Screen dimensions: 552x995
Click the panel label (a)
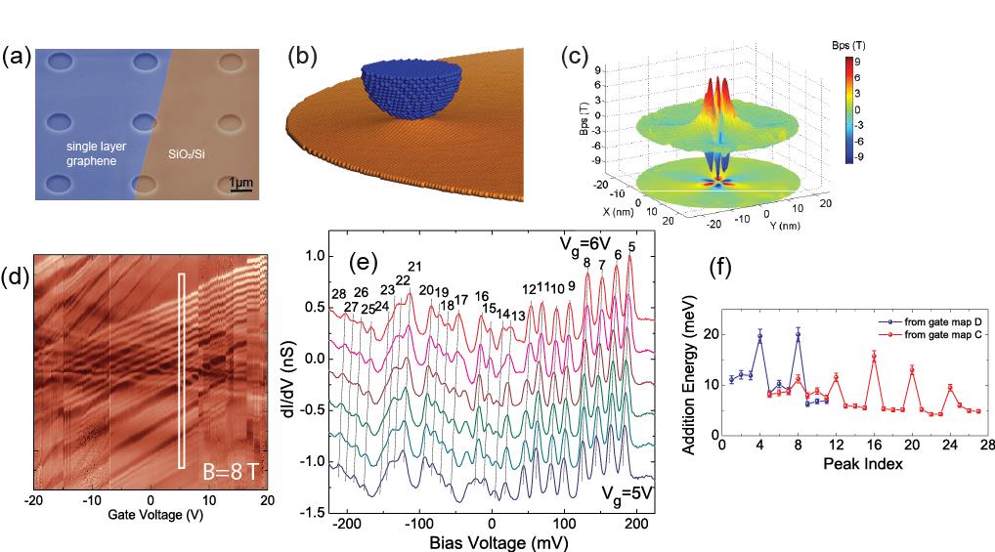click(x=17, y=57)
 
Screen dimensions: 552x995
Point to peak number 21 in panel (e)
click(x=414, y=267)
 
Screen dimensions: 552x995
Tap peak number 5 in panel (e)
click(x=632, y=247)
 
